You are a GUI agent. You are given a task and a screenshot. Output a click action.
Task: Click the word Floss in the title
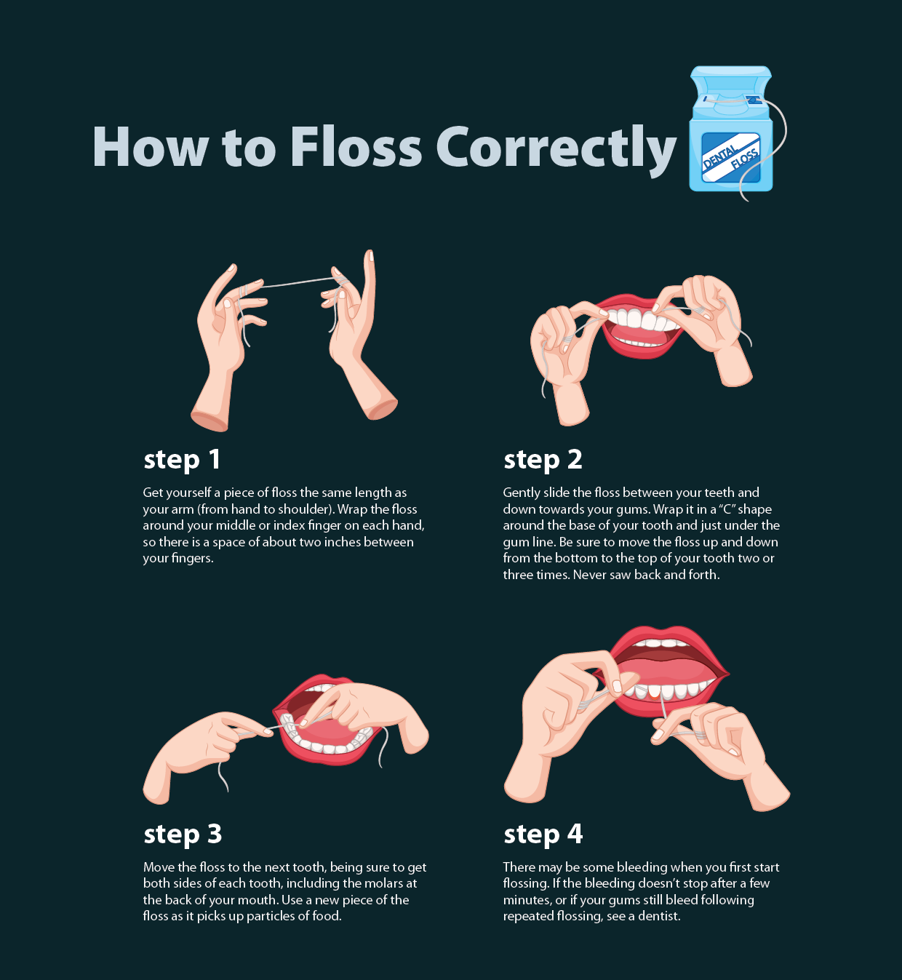(355, 147)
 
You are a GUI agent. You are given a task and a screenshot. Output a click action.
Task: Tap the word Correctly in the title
(556, 150)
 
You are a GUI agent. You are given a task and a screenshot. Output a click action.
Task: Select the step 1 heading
(182, 460)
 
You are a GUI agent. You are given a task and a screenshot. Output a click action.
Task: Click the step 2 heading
(543, 460)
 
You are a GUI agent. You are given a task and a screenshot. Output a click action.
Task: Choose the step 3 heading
(183, 834)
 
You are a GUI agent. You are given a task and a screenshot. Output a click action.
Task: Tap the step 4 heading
(543, 834)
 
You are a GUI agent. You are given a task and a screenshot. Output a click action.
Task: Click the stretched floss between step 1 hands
(298, 282)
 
